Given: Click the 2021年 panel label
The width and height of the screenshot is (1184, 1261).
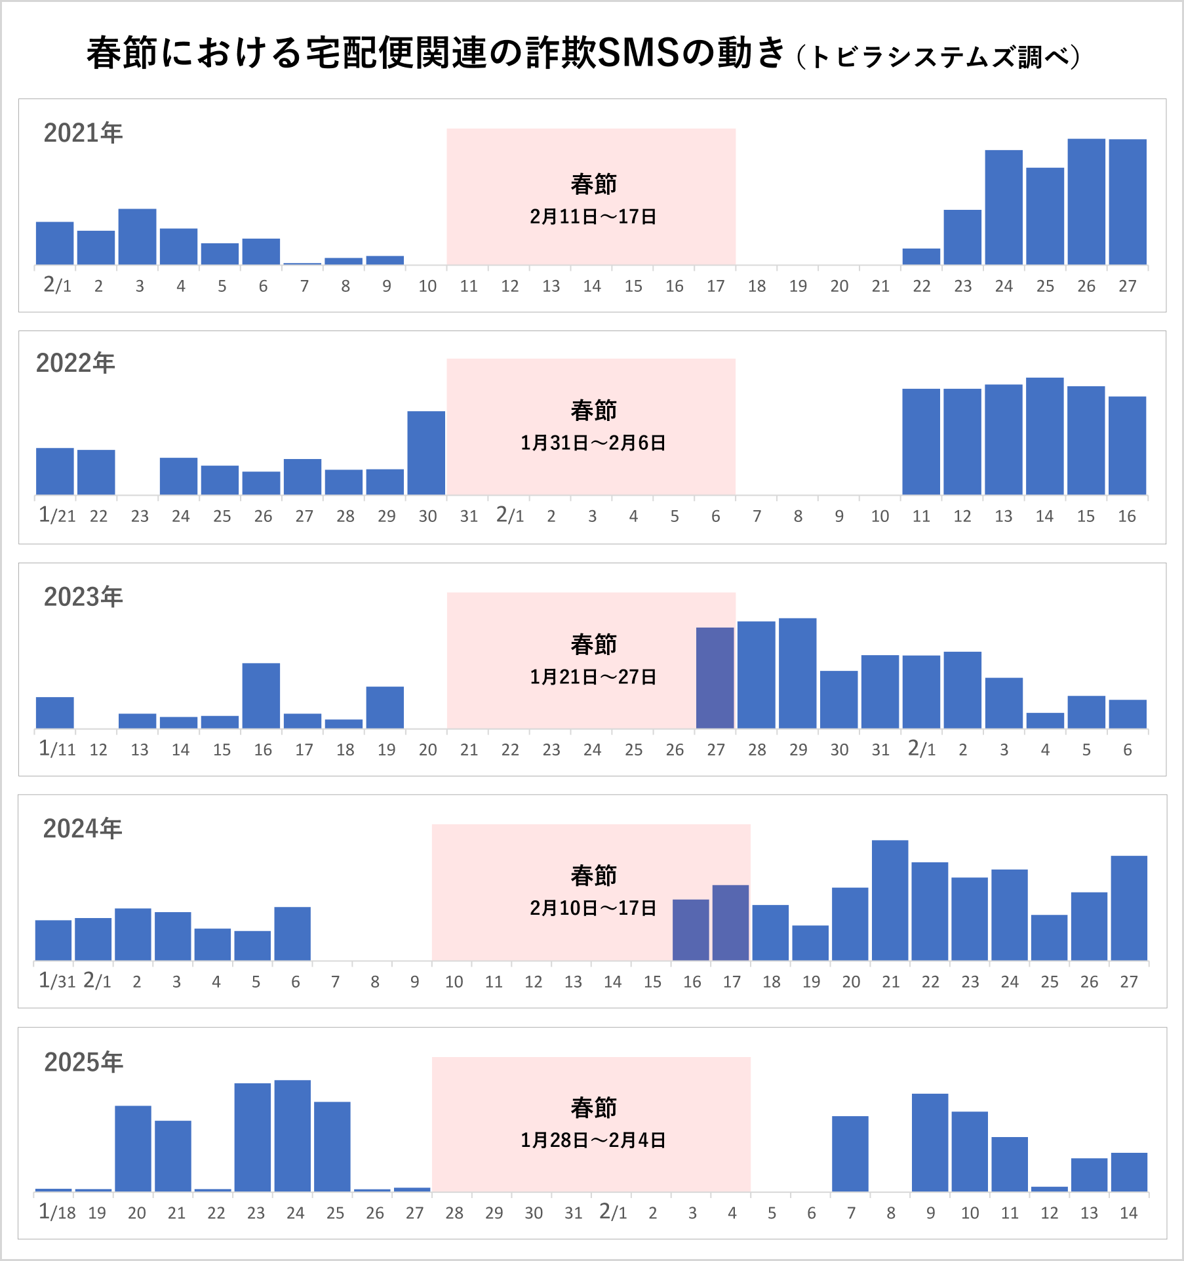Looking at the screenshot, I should click(x=83, y=133).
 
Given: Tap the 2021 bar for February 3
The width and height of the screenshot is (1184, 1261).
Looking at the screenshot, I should click(x=137, y=237).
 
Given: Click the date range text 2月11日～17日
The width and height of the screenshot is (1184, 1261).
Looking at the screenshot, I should click(x=593, y=216).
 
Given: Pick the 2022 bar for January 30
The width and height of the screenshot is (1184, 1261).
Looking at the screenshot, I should click(x=426, y=453).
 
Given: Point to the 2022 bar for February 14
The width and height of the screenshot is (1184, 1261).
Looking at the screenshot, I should click(x=1044, y=436).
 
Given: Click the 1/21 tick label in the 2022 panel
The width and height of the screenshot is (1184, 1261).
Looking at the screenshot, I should click(x=57, y=516).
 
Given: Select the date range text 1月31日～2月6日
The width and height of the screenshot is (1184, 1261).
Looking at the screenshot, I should click(x=593, y=443).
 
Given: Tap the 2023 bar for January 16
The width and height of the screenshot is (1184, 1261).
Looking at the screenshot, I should click(x=261, y=696).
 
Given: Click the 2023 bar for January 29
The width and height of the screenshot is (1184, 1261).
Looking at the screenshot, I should click(x=797, y=673).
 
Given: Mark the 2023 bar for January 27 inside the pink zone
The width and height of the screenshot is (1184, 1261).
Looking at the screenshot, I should click(x=715, y=678).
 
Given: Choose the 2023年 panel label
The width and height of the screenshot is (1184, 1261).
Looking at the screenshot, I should click(x=83, y=597).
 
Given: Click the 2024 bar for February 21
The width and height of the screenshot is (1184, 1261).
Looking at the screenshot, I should click(x=890, y=900).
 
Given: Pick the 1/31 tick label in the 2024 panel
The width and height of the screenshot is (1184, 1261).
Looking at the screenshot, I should click(x=56, y=981).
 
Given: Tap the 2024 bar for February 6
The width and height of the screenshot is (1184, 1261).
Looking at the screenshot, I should click(x=292, y=934).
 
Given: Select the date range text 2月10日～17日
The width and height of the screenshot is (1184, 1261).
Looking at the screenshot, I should click(x=593, y=908).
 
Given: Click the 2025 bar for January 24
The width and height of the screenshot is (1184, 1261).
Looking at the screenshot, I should click(x=292, y=1136).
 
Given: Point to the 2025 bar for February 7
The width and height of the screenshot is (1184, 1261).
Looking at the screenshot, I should click(x=850, y=1154).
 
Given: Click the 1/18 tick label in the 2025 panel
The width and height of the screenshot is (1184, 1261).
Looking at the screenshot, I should click(x=57, y=1212).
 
